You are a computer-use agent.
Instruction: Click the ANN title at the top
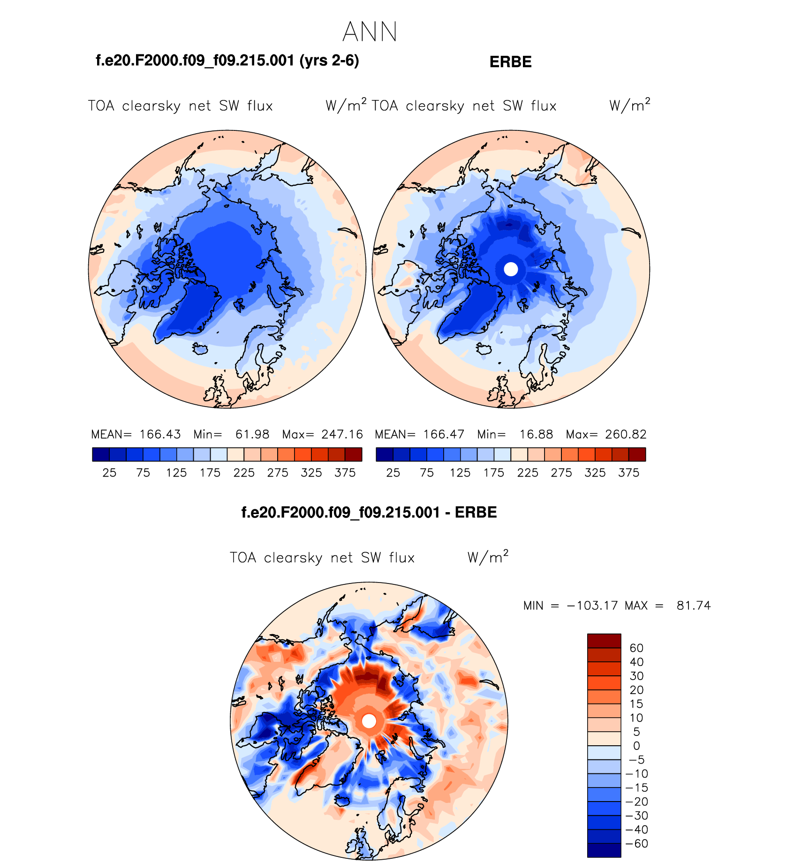point(370,32)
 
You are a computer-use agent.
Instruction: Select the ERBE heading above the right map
point(510,62)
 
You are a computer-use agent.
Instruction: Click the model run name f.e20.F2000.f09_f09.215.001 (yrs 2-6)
point(227,61)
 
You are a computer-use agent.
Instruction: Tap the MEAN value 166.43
point(160,434)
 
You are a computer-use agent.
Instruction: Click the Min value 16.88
point(536,434)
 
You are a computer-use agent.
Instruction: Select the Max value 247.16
point(342,434)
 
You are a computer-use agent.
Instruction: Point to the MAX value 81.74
point(694,606)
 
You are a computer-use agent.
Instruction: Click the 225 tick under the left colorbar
point(244,473)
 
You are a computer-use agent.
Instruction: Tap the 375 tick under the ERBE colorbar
point(628,473)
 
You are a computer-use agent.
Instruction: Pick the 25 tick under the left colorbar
point(109,473)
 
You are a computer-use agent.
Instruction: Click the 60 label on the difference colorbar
point(636,648)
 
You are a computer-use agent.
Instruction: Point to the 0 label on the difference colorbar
point(636,746)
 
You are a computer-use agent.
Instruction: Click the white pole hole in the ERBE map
point(511,269)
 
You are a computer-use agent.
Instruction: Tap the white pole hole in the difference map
point(369,721)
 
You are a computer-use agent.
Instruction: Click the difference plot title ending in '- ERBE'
point(369,512)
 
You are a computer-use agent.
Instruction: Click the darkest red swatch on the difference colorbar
point(604,641)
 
